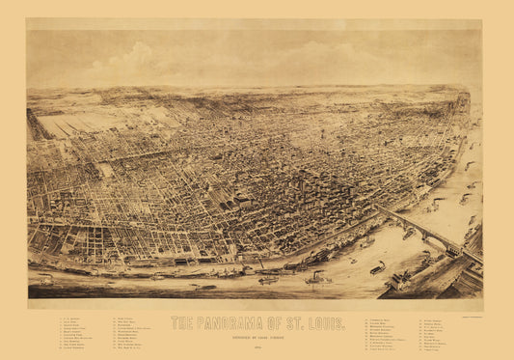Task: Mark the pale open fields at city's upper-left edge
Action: coord(72,124)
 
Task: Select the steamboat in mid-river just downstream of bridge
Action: coord(377,267)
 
